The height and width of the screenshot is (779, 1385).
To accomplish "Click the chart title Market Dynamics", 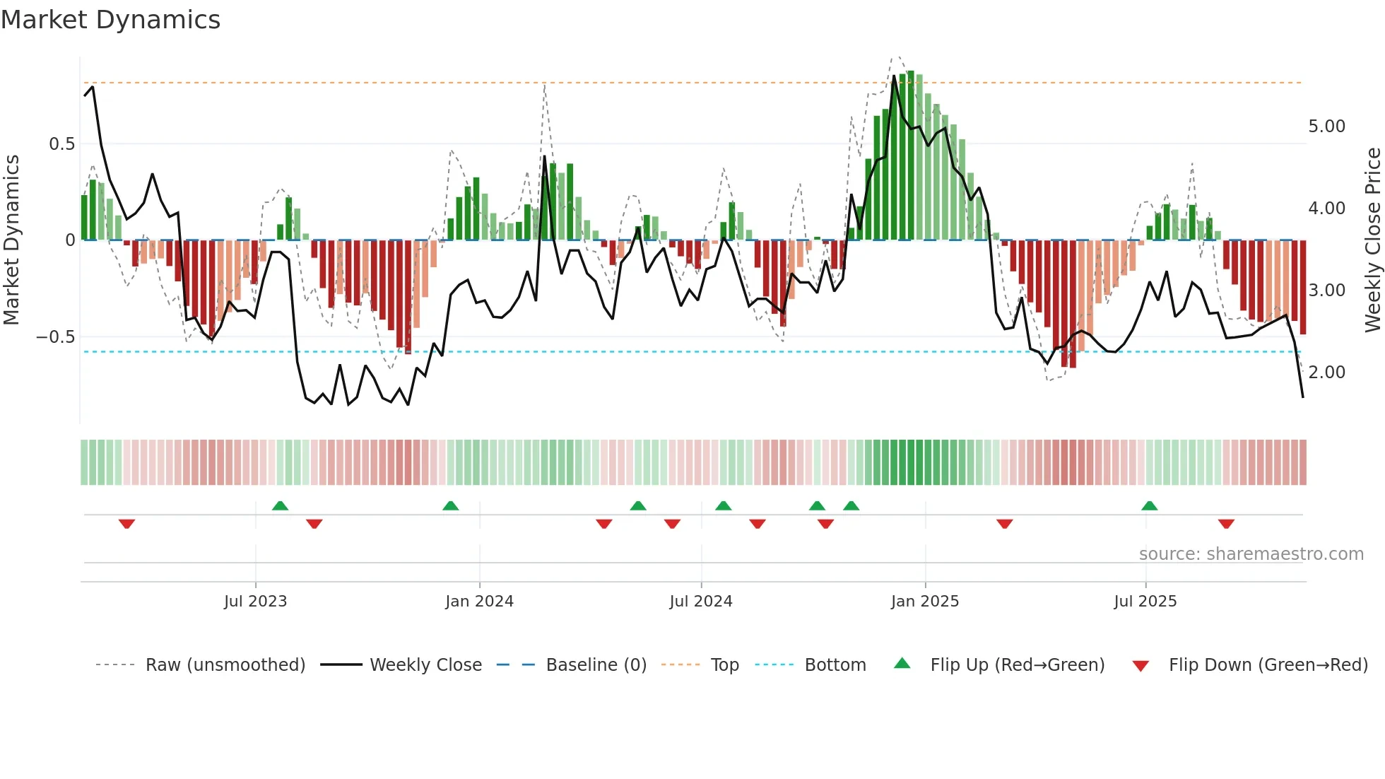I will pyautogui.click(x=110, y=20).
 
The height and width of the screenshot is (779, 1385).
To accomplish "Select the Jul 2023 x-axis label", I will pyautogui.click(x=255, y=602).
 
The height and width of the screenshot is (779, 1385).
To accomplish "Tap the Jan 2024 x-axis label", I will pyautogui.click(x=479, y=602).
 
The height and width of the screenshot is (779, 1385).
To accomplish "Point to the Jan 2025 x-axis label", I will pyautogui.click(x=924, y=602).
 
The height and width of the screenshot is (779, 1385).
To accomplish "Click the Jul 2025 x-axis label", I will pyautogui.click(x=1145, y=602).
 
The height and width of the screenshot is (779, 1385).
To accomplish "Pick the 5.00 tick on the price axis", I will pyautogui.click(x=1326, y=127).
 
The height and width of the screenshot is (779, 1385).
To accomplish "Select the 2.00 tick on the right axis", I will pyautogui.click(x=1326, y=373).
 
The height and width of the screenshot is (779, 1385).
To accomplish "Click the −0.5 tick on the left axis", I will pyautogui.click(x=55, y=337).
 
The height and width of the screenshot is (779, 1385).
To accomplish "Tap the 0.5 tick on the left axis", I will pyautogui.click(x=61, y=144).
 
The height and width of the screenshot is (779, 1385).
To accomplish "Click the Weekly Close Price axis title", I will pyautogui.click(x=1372, y=240).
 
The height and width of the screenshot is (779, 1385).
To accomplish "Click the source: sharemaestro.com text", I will pyautogui.click(x=1251, y=554).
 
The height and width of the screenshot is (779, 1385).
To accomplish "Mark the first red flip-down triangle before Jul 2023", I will pyautogui.click(x=126, y=524).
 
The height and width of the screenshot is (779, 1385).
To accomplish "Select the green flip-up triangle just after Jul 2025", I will pyautogui.click(x=1149, y=506).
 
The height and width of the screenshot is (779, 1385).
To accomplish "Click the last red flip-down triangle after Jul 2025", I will pyautogui.click(x=1226, y=524).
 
